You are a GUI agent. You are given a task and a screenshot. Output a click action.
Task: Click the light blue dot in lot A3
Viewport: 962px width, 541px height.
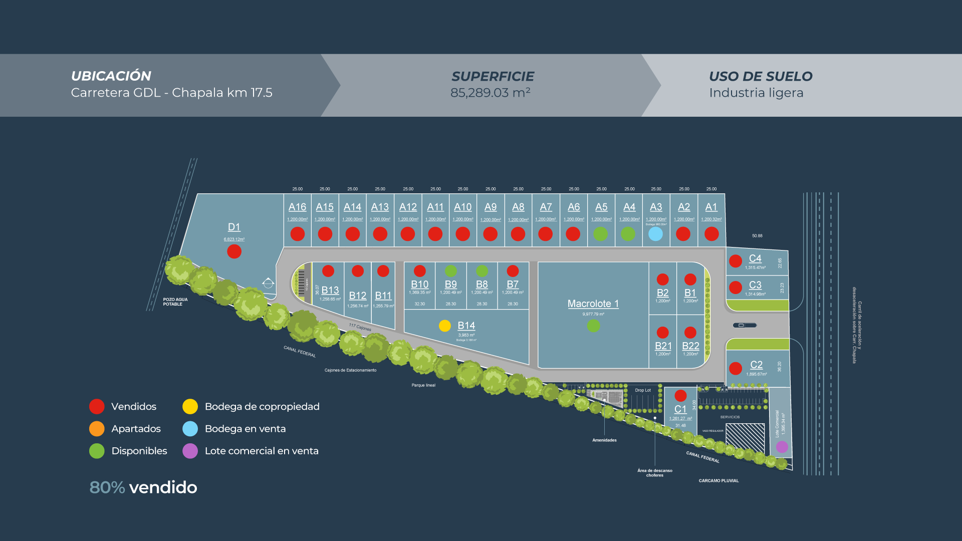click(x=655, y=234)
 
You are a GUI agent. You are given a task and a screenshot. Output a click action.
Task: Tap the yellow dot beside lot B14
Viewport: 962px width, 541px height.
click(x=444, y=326)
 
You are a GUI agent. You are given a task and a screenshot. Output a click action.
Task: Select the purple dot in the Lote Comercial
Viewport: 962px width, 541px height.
click(x=782, y=447)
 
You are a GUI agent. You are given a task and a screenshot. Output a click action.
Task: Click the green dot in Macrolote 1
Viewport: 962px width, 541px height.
click(x=593, y=326)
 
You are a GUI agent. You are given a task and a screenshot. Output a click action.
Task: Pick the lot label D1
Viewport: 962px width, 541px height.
click(x=234, y=227)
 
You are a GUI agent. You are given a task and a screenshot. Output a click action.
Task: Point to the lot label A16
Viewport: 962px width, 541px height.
click(x=297, y=207)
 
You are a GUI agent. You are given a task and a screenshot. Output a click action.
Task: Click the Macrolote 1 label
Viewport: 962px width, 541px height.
click(x=593, y=304)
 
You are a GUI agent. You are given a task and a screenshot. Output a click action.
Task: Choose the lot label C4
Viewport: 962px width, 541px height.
click(x=755, y=258)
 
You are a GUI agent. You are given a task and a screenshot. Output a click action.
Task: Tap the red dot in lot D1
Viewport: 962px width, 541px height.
click(x=234, y=251)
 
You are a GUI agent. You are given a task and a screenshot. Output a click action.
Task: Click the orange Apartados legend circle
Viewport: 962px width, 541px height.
click(x=97, y=429)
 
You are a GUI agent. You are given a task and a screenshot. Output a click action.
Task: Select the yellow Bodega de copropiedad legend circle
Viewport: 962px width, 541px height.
click(x=190, y=407)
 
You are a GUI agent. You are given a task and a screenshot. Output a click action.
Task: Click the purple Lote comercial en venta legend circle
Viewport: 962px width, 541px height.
click(x=190, y=451)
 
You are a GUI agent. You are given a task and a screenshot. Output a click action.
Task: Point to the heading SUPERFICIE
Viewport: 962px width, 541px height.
click(x=493, y=76)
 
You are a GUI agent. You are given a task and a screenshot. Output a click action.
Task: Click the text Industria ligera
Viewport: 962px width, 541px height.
click(x=756, y=93)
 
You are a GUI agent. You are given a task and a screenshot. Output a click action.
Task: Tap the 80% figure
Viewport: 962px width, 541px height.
click(x=107, y=487)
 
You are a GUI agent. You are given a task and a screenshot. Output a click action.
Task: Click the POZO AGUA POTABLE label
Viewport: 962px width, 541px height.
click(x=175, y=302)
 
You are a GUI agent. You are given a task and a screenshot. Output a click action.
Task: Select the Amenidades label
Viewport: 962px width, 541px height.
click(x=604, y=440)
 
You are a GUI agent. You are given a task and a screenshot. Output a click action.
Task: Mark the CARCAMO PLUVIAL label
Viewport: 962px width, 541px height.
click(x=718, y=481)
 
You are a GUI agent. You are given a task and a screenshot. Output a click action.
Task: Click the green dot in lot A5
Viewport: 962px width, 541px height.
click(x=600, y=234)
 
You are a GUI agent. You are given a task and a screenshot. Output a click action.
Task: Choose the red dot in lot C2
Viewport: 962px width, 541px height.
click(x=735, y=369)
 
